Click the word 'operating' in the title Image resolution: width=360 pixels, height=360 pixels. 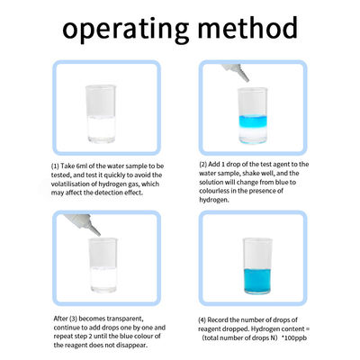[x=126, y=30]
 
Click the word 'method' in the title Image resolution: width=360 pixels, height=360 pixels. [x=247, y=28]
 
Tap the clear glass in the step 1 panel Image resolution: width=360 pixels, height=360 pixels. [x=101, y=114]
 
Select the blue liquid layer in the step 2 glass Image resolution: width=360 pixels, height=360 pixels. [x=253, y=121]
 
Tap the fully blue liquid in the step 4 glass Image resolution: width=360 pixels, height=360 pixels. [x=257, y=281]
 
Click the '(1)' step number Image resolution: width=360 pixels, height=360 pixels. [x=55, y=166]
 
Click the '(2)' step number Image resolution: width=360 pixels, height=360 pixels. [x=203, y=165]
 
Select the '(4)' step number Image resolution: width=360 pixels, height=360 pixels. [x=202, y=320]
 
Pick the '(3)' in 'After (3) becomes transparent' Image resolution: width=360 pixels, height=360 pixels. [x=73, y=319]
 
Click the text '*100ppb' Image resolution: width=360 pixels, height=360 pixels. [x=294, y=338]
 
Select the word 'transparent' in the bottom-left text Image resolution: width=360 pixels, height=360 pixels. [x=125, y=319]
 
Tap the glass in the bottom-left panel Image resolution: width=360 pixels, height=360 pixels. [x=103, y=265]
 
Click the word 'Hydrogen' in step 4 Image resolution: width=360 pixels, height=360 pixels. [x=265, y=329]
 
